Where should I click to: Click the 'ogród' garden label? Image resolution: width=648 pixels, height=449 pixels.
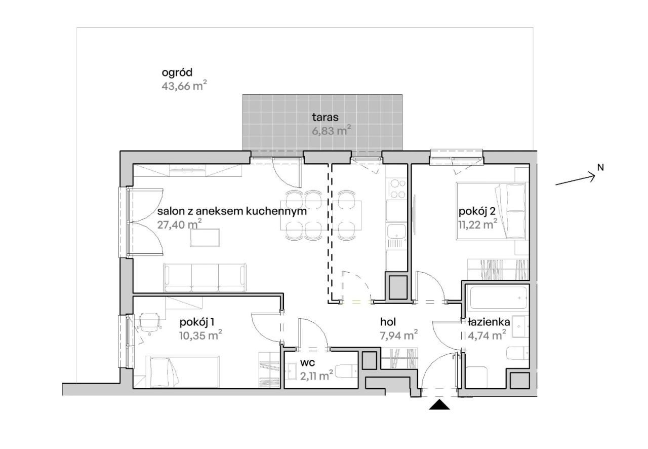177,72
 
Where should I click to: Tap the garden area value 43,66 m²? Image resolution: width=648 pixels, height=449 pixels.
184,86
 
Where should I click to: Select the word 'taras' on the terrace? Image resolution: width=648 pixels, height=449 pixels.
325,118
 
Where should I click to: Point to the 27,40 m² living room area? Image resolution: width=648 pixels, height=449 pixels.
179,224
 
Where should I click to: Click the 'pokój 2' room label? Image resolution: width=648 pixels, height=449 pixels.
477,211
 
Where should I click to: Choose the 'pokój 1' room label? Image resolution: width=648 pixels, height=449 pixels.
197,322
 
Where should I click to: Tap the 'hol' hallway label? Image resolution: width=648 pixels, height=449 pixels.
388,322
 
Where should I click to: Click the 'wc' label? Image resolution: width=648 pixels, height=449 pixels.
307,363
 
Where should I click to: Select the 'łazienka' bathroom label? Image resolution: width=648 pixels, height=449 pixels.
489,322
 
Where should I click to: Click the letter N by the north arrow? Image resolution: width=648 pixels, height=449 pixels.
600,167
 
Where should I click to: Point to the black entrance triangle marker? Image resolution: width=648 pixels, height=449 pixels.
439,405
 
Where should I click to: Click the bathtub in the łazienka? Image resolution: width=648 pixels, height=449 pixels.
499,298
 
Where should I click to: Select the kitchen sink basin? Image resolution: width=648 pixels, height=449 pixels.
396,231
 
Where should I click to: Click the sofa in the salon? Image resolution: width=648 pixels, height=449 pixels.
205,278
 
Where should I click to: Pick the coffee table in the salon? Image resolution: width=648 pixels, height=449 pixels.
205,238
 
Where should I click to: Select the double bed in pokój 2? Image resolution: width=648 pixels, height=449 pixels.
491,211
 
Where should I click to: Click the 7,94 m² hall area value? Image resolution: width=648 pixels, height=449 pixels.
398,335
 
